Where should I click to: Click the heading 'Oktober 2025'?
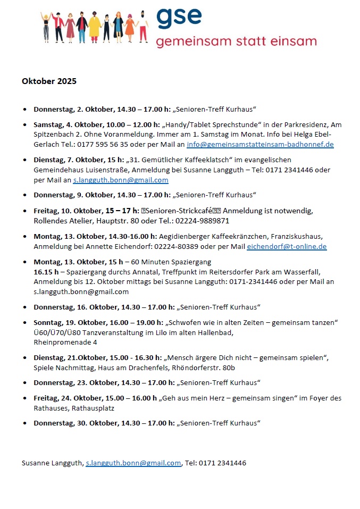pos(49,81)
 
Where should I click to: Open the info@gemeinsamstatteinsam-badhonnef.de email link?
pos(260,145)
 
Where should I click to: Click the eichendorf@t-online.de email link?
pos(287,247)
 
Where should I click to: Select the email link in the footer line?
pos(133,463)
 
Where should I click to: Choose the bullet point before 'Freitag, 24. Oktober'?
pos(25,398)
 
